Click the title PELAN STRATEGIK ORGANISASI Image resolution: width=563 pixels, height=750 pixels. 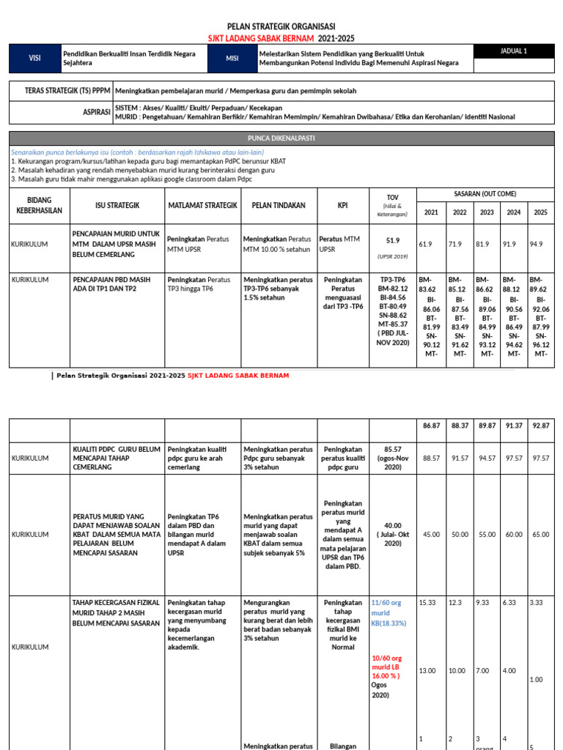[x=281, y=26]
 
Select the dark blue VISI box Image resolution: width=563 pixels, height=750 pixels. [x=34, y=59]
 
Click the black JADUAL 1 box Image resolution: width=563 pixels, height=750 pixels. [x=514, y=51]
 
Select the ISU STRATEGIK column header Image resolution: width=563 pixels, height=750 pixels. [x=117, y=205]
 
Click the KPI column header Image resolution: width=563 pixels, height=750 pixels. [x=342, y=205]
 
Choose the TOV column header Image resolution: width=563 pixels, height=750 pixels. [x=392, y=205]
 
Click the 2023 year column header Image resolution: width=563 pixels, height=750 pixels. [x=487, y=212]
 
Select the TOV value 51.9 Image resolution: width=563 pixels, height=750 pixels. [x=392, y=240]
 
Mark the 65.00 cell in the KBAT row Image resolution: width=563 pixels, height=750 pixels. [x=540, y=535]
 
